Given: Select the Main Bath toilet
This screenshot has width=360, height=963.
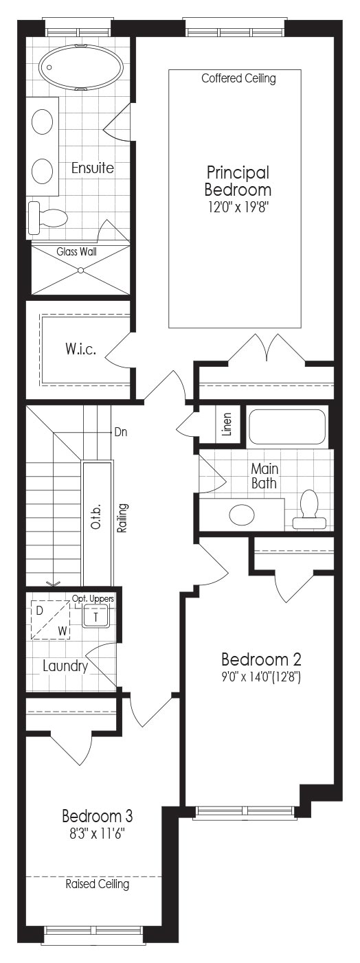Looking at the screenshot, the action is click(x=310, y=509).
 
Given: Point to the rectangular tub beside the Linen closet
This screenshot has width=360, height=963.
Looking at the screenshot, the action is click(x=287, y=427).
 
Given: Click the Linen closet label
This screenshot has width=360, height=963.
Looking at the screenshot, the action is click(x=227, y=424).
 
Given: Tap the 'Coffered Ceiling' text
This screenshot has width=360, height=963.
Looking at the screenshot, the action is click(x=238, y=78).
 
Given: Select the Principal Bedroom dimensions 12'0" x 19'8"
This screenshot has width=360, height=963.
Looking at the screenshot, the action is click(x=238, y=207).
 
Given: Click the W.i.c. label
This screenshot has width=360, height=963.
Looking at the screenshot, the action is click(x=80, y=349).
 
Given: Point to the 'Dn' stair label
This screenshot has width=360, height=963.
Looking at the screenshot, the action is click(x=121, y=432).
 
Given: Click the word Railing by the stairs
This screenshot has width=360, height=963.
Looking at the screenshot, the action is click(x=123, y=519).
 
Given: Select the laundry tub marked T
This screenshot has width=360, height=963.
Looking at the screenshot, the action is click(x=96, y=617).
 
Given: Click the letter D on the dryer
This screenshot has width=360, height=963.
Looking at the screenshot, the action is click(x=39, y=611).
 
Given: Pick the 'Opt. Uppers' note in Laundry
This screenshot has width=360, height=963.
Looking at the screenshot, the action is click(x=93, y=598).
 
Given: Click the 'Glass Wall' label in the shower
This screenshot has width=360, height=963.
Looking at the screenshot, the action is click(x=76, y=251).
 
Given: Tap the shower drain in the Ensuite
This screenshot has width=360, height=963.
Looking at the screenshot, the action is click(x=80, y=270).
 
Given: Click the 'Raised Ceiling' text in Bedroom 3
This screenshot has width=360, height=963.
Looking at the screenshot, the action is click(x=97, y=884).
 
